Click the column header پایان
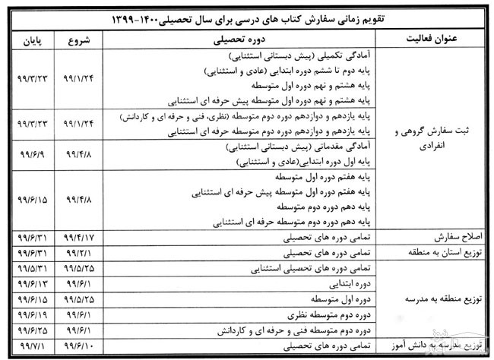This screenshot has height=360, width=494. (29, 36)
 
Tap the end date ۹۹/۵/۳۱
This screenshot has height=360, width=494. (29, 267)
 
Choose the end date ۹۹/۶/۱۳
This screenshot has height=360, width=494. (29, 283)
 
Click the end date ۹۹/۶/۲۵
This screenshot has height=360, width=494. (29, 330)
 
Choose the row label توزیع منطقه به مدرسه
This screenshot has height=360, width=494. (437, 298)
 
